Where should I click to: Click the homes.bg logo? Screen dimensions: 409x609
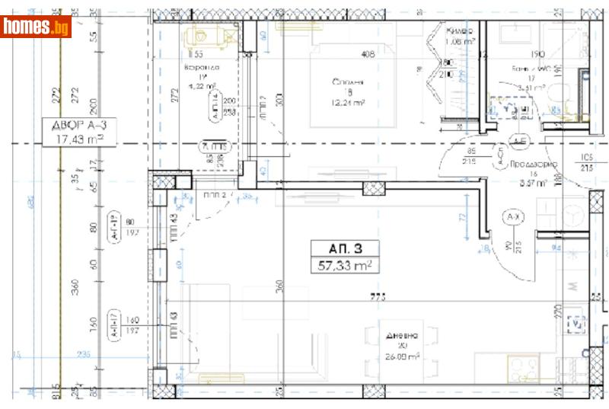click(37, 27)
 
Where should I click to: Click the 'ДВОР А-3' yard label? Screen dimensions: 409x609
click(74, 126)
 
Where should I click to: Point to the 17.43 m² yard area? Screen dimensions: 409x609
click(74, 139)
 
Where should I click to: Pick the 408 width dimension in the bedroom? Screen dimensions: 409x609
click(368, 54)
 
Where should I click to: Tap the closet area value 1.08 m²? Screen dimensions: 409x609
click(459, 42)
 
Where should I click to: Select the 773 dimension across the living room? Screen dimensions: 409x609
click(375, 297)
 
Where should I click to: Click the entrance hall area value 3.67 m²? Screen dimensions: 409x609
click(533, 183)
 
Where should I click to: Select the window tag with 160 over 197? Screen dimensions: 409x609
click(121, 325)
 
